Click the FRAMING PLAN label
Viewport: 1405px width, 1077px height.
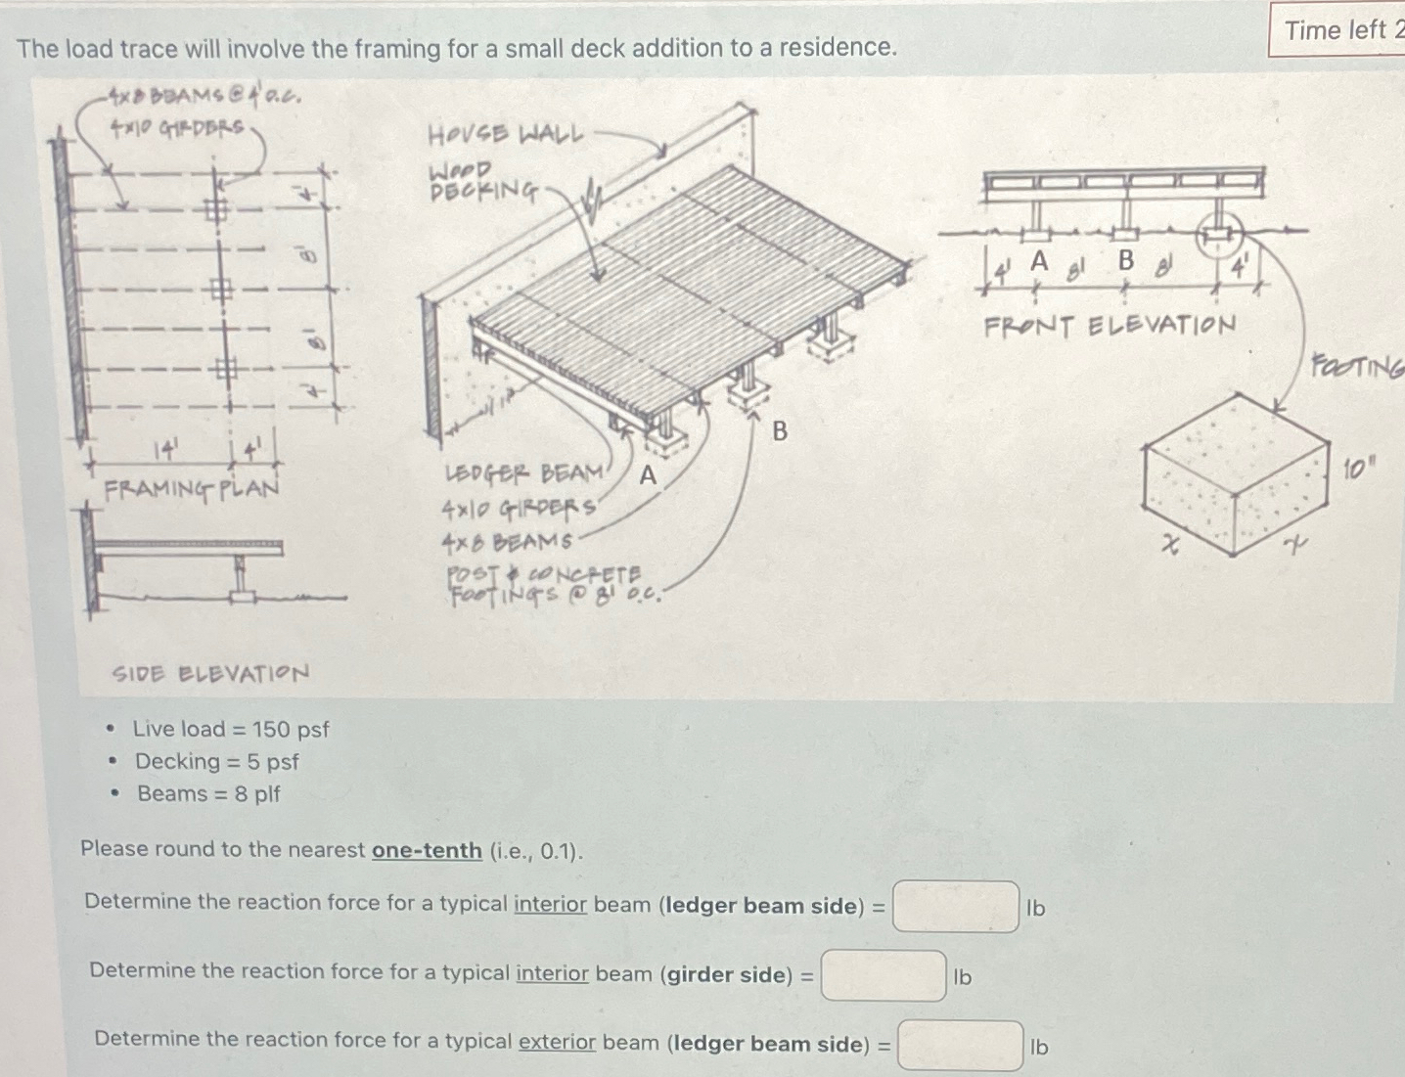click(x=192, y=487)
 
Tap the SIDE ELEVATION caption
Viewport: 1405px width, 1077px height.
click(x=210, y=674)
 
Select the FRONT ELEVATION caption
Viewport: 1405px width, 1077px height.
click(x=1110, y=326)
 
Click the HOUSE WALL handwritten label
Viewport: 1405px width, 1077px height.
click(x=505, y=134)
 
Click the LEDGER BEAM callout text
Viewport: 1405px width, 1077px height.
click(x=524, y=473)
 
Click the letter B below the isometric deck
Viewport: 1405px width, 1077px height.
click(x=780, y=431)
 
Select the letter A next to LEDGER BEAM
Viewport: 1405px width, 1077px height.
click(x=648, y=476)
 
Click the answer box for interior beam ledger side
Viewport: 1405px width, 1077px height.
click(x=956, y=907)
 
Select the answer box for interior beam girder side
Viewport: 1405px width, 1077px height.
click(x=884, y=975)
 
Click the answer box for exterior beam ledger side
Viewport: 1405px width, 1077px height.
click(x=961, y=1046)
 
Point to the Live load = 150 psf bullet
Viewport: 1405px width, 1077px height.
click(x=231, y=729)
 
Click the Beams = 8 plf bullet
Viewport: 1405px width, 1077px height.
click(x=208, y=793)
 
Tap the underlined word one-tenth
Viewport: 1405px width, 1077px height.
click(x=427, y=850)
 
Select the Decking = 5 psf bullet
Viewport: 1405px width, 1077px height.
click(x=216, y=761)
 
